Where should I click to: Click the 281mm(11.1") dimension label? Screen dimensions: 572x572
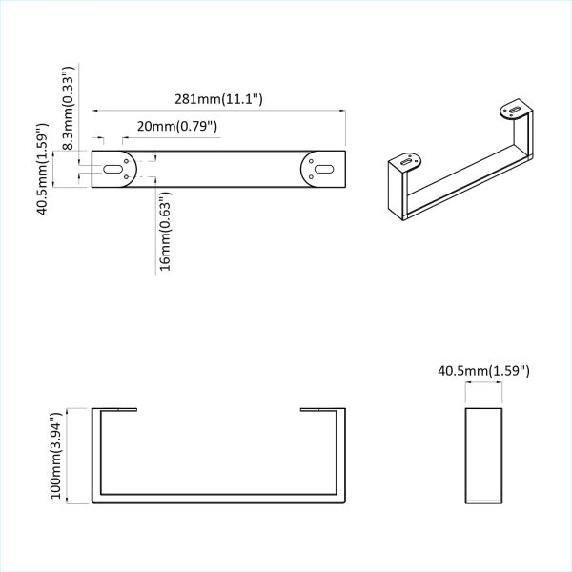pos(218,99)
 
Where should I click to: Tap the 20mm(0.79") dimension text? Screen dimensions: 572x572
pos(177,127)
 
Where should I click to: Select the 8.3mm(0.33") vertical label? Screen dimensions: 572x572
pos(68,107)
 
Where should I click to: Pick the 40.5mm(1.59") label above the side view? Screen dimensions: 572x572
pos(482,370)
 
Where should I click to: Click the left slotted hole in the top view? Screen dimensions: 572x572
pos(112,169)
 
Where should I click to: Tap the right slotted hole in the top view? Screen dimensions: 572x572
pos(323,169)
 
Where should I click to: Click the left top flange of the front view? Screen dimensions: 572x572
pos(115,410)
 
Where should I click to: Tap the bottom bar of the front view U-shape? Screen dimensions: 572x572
pos(217,497)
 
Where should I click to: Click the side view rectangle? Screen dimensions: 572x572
pos(483,454)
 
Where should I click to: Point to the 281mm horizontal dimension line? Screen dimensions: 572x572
pos(218,112)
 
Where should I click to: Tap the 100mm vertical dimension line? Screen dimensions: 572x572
pos(68,454)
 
